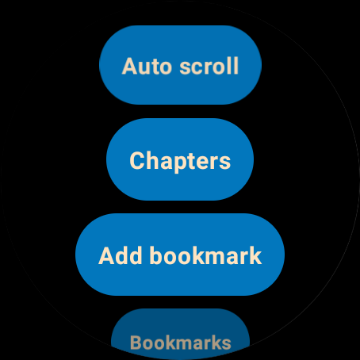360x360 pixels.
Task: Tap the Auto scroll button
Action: [x=180, y=65]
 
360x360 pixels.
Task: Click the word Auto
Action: [x=147, y=66]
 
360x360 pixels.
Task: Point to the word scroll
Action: [x=209, y=66]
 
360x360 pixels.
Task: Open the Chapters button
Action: [x=180, y=159]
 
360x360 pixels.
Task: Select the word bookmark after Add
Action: [x=205, y=255]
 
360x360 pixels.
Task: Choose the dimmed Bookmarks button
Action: [x=180, y=334]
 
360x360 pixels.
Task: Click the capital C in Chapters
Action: [x=136, y=160]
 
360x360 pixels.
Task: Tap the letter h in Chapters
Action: [x=152, y=159]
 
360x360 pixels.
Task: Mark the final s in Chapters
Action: [x=224, y=162]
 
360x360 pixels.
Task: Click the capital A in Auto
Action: [x=130, y=66]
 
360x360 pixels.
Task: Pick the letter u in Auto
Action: [x=146, y=68]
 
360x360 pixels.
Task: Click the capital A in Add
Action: [x=107, y=255]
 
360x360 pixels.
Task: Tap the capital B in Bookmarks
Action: [x=137, y=343]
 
